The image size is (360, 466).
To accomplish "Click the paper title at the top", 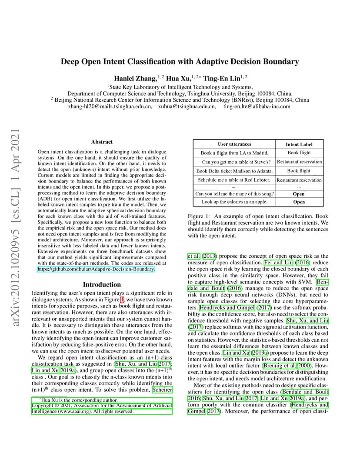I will point(180,62).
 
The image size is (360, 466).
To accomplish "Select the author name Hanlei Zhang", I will point(135,79).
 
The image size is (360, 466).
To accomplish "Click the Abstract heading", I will point(102,142).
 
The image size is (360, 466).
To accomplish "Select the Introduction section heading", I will point(102,284).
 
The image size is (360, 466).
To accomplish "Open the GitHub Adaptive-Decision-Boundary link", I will point(96,270).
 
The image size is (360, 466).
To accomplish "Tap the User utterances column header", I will point(234,144).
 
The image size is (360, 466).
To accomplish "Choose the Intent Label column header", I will point(299,144).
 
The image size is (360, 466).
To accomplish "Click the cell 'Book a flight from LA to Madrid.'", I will point(234,153).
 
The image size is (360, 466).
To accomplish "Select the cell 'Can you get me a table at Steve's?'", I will point(234,162).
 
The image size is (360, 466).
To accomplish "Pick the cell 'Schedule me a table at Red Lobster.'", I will point(234,180).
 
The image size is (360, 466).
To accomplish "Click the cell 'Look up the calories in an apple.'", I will point(234,202).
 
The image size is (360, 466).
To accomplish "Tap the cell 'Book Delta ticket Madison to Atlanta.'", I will point(234,171).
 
